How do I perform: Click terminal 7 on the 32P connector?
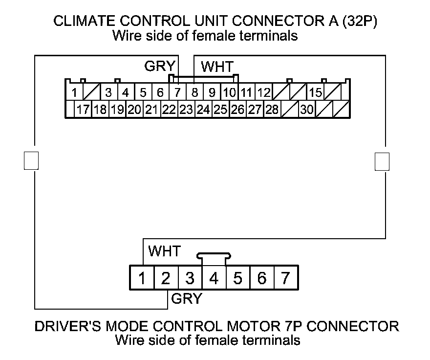[178, 92]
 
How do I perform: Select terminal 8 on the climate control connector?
[194, 92]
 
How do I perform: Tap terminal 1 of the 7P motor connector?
[142, 279]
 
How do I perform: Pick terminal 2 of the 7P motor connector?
[166, 279]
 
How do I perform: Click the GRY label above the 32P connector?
[156, 66]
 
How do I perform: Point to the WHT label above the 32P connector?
[217, 67]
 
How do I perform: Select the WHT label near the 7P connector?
[164, 251]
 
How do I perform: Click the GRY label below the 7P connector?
[186, 299]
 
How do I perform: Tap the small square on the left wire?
[31, 160]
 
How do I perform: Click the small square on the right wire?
[382, 161]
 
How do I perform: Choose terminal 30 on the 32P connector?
[307, 110]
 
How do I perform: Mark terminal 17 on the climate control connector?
[83, 110]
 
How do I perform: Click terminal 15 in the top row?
[316, 92]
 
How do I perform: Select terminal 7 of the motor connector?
[285, 279]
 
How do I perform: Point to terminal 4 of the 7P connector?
[214, 279]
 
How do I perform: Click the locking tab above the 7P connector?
[214, 256]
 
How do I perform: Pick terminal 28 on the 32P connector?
[272, 110]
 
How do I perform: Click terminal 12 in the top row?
[264, 92]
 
